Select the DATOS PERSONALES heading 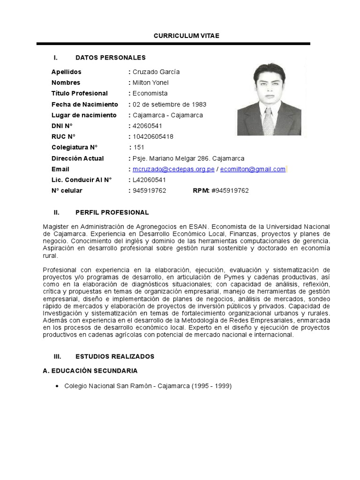click(x=111, y=58)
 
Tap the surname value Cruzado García click(x=156, y=72)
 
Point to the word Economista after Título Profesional click(x=150, y=93)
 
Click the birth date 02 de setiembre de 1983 click(x=169, y=104)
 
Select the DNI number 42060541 click(x=148, y=126)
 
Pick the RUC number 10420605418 click(x=153, y=137)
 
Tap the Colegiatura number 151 click(x=140, y=148)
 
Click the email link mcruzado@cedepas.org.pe click(x=173, y=169)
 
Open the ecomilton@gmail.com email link click(x=253, y=169)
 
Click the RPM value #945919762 click(x=230, y=191)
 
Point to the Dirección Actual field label click(x=78, y=158)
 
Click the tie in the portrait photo click(x=269, y=121)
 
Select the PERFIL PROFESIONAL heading click(x=112, y=212)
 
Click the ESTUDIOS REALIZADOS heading click(x=115, y=356)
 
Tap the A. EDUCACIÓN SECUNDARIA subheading click(x=90, y=371)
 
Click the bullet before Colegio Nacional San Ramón click(x=57, y=386)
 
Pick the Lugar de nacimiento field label click(x=84, y=115)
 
